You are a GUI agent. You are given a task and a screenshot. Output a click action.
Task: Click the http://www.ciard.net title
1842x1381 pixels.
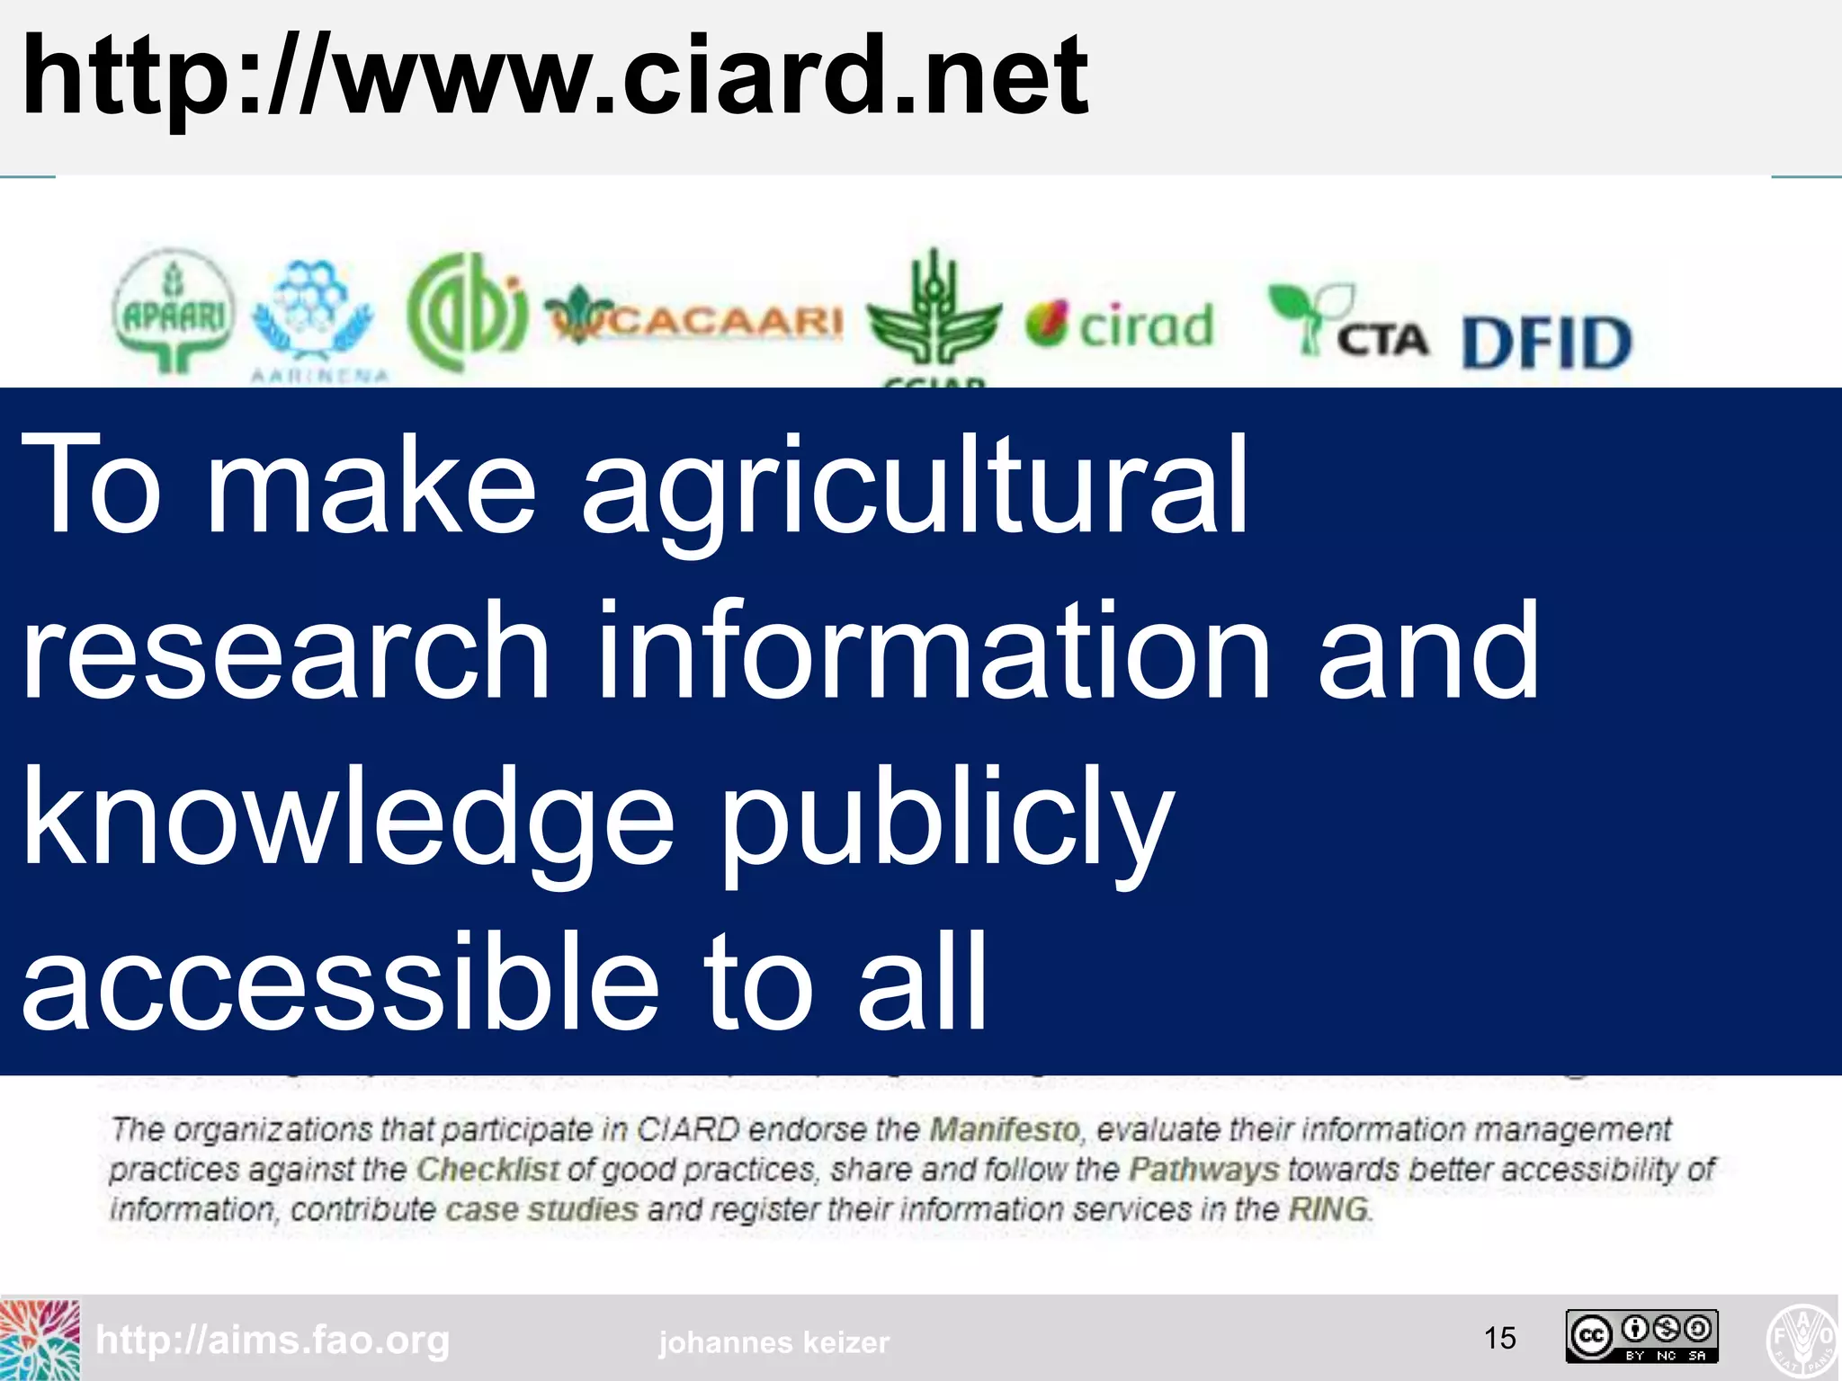click(x=555, y=76)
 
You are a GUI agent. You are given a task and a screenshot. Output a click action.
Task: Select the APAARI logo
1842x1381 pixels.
click(x=174, y=311)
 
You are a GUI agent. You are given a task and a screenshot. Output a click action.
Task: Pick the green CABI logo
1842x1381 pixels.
click(x=466, y=311)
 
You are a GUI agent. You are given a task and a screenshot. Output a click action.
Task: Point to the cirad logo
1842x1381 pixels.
click(x=1120, y=325)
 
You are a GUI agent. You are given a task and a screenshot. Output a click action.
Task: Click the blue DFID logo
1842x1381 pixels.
click(x=1546, y=343)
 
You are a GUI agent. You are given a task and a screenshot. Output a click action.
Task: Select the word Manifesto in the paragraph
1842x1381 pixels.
click(x=1004, y=1129)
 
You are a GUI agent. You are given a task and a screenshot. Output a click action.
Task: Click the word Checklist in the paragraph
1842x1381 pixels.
click(x=487, y=1170)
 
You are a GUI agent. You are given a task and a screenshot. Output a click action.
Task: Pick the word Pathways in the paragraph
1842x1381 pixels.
click(x=1203, y=1170)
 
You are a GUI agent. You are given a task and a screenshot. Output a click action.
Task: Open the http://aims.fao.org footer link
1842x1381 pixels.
click(x=273, y=1341)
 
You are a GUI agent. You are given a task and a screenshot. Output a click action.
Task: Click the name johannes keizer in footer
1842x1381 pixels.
click(x=774, y=1342)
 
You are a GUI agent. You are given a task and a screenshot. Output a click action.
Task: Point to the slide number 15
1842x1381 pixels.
click(x=1499, y=1339)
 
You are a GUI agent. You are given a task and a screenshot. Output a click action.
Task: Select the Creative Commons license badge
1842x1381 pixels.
click(x=1641, y=1337)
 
